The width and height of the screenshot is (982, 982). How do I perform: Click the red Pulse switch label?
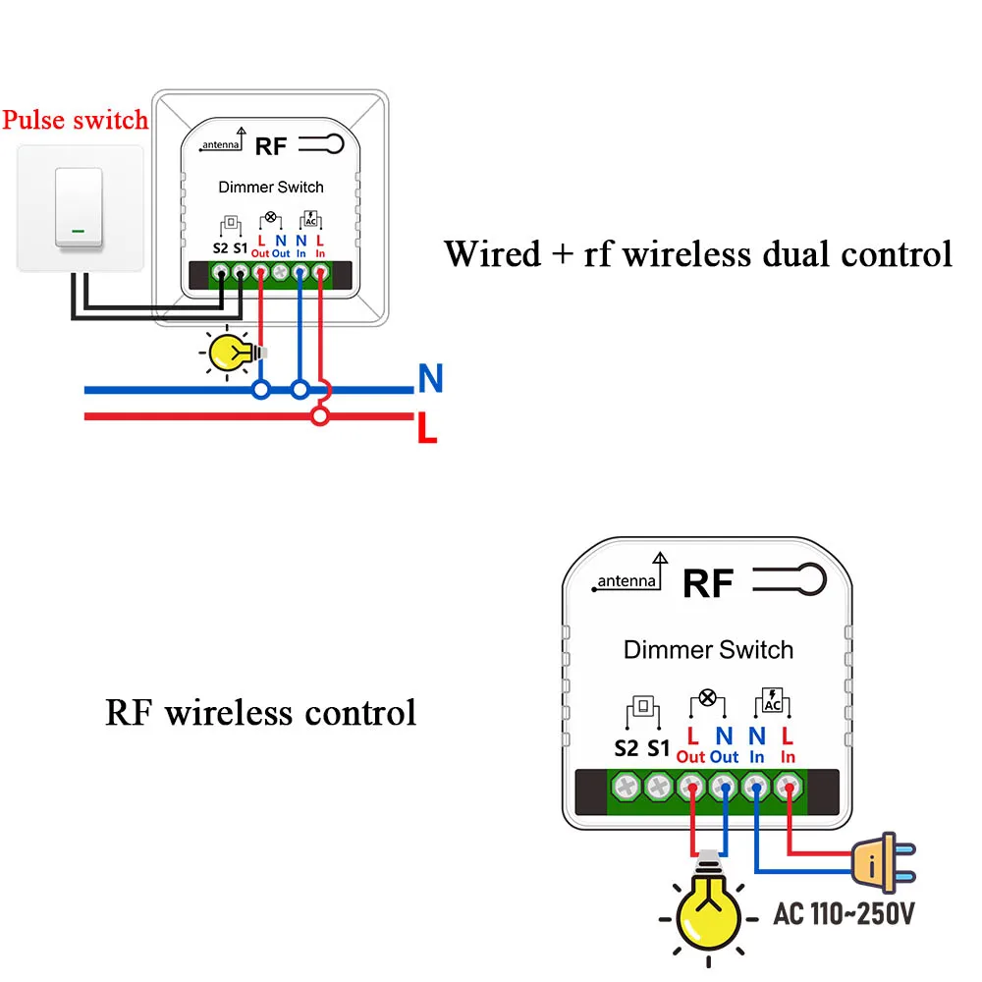(x=75, y=120)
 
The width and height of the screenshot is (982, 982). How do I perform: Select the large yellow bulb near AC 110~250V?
(x=705, y=910)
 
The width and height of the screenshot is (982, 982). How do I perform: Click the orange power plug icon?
(x=885, y=862)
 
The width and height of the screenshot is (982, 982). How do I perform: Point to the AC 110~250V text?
(x=844, y=914)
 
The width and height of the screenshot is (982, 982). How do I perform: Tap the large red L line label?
(x=426, y=427)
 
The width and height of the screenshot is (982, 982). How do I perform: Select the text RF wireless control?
(x=260, y=712)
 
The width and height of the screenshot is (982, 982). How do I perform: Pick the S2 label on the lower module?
(x=626, y=748)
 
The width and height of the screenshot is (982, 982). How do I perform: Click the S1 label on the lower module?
(x=658, y=748)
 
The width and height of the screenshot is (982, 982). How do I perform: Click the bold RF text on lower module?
(x=708, y=583)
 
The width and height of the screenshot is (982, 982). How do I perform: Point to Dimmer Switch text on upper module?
(x=271, y=187)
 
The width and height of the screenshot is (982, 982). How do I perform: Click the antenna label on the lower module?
(x=627, y=580)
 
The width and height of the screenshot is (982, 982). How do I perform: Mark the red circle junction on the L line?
(x=318, y=417)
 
